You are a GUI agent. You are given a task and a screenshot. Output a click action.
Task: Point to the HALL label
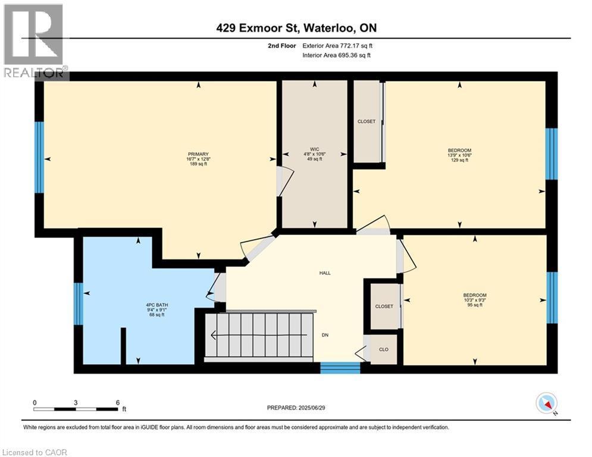coord(325,273)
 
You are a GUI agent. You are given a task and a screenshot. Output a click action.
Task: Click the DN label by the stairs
coord(325,335)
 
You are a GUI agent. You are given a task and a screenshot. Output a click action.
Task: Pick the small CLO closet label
coord(384,349)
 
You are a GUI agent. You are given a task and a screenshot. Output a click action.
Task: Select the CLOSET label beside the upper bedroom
coord(367,121)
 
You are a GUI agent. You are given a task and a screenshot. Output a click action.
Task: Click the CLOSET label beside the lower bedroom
coord(384,306)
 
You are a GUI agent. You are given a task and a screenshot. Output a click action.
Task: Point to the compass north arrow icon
coord(546,404)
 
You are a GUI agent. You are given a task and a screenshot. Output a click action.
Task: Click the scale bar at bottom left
coord(76,409)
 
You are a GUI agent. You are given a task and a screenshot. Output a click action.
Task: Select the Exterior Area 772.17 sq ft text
coord(337,45)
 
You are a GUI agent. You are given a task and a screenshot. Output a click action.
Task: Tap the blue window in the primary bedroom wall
coord(39,157)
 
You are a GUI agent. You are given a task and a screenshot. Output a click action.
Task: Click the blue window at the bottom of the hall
coord(340,368)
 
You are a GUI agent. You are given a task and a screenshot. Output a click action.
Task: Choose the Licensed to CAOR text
coord(35,452)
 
